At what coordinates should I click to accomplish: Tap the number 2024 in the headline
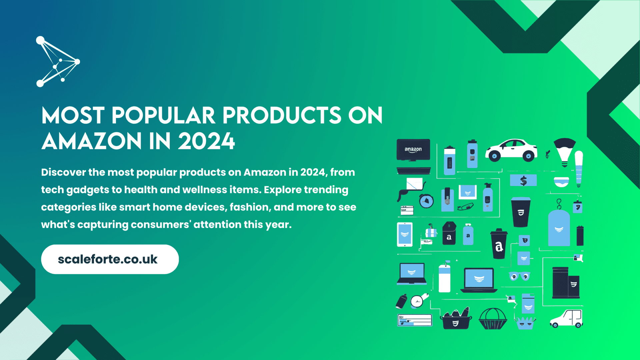206,141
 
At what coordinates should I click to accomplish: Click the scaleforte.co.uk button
110,259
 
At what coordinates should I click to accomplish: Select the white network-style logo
58,62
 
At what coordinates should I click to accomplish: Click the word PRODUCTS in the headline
282,116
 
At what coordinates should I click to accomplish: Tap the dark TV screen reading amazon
413,150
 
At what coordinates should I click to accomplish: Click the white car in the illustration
511,150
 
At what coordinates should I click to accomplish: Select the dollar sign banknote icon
523,181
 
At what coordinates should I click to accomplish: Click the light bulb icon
565,151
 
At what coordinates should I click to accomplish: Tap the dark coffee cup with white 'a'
499,244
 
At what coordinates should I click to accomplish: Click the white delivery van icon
567,318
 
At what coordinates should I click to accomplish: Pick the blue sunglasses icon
519,276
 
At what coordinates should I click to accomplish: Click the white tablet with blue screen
405,234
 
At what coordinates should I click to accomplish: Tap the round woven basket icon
493,319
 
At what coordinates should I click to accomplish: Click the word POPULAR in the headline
163,116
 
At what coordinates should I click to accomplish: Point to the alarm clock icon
426,201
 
